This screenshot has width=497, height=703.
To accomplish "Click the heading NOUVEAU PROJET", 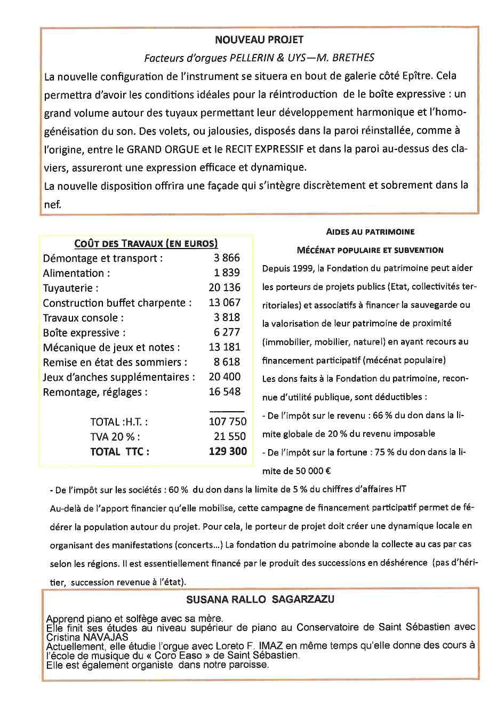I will click(259, 40).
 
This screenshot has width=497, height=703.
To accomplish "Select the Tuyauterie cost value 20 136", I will click(225, 287).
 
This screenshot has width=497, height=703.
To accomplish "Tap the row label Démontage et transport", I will click(103, 258).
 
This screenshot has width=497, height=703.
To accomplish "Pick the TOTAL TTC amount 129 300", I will click(228, 451).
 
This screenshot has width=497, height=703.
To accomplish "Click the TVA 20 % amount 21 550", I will click(230, 436).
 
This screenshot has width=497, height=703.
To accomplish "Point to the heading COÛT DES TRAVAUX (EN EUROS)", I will click(146, 244).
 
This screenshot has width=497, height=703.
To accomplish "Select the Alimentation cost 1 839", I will click(227, 273).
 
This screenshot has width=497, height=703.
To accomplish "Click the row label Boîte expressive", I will click(84, 333).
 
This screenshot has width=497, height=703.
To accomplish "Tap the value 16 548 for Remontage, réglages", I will click(225, 392).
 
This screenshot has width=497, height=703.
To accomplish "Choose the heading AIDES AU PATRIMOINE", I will click(370, 232).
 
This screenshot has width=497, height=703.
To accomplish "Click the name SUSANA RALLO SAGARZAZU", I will click(260, 600).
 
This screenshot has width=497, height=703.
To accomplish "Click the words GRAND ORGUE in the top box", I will click(163, 149).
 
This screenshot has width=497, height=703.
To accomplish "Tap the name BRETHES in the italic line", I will click(355, 58).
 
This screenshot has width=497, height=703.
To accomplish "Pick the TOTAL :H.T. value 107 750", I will click(228, 421).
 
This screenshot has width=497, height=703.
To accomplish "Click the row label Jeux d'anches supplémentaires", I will click(119, 377).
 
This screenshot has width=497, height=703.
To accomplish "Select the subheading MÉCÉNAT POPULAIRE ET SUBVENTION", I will click(370, 250).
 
